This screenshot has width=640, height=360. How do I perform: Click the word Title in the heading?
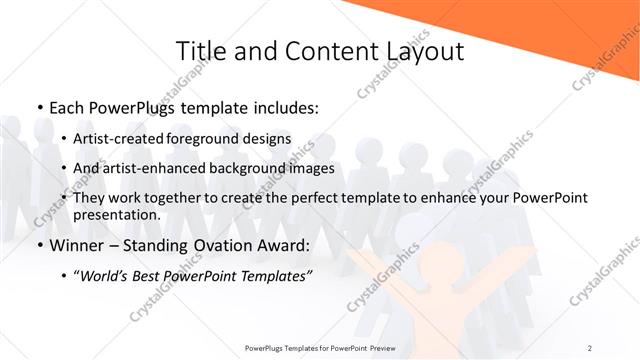click(x=200, y=51)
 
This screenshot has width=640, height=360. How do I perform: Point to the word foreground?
click(x=215, y=138)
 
